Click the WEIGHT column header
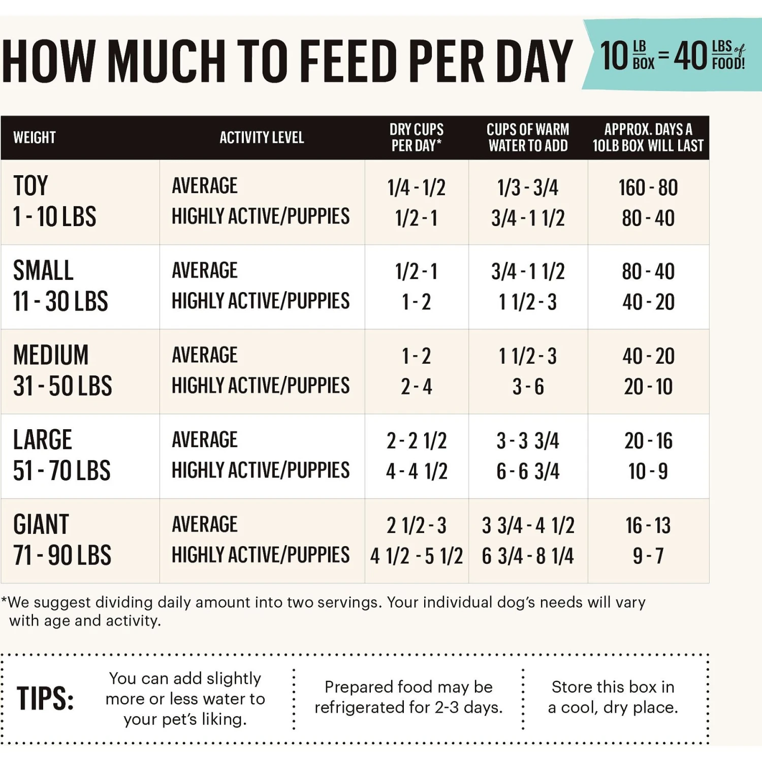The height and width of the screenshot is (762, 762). [35, 138]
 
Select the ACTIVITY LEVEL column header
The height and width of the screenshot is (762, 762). [262, 138]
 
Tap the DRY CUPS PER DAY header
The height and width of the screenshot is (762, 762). [416, 138]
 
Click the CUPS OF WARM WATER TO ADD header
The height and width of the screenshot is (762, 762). [528, 138]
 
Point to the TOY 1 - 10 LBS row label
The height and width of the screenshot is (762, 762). [54, 202]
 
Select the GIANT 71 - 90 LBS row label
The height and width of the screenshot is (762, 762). [62, 540]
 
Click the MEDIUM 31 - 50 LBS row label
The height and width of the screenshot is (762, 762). [62, 371]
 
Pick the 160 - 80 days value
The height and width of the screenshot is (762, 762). [648, 188]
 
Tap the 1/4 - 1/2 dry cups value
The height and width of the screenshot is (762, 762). [416, 188]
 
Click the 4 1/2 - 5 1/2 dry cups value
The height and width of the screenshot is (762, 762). [416, 556]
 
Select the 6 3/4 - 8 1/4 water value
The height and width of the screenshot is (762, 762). [528, 556]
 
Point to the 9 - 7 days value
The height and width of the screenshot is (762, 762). [648, 556]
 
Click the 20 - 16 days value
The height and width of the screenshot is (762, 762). [648, 441]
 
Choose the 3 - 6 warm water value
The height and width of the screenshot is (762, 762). [528, 387]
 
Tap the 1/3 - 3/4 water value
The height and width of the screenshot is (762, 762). [528, 188]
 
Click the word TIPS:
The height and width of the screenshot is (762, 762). [45, 698]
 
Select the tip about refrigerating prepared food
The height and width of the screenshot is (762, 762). [408, 697]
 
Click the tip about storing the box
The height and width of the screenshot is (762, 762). [613, 697]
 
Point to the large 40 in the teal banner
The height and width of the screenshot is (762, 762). [690, 56]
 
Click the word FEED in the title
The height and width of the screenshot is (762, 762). [350, 61]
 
